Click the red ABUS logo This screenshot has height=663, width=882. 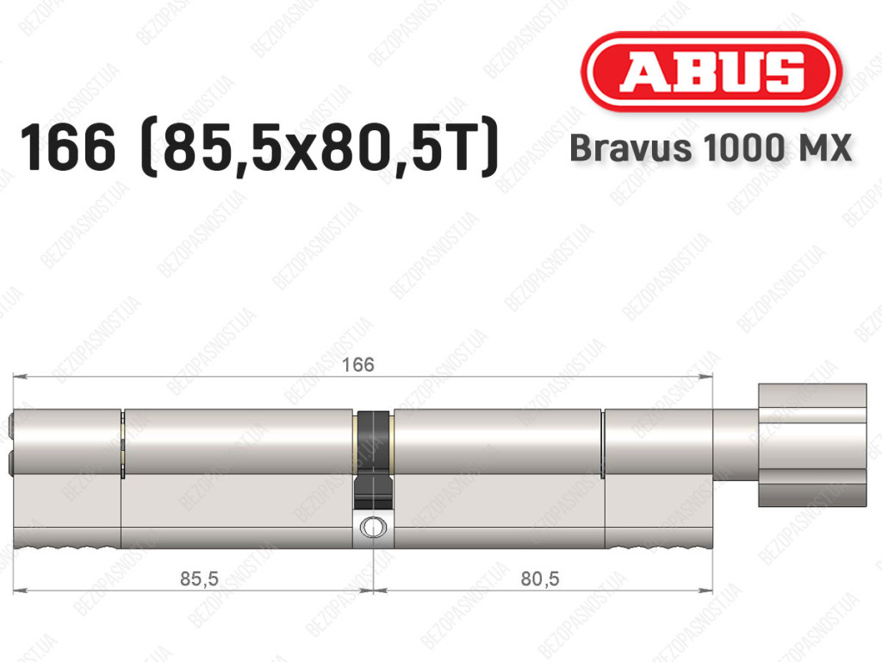point(711,72)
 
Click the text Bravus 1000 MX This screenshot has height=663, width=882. point(711,148)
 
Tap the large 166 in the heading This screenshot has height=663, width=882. point(67,147)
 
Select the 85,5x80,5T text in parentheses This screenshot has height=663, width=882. point(320,147)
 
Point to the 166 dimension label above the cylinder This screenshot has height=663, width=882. point(358,365)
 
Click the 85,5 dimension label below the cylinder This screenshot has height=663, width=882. point(199,578)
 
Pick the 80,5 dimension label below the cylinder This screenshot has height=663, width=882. point(540,578)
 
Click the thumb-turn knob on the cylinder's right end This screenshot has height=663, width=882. point(812,445)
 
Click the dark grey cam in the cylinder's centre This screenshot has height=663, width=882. point(374,459)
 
